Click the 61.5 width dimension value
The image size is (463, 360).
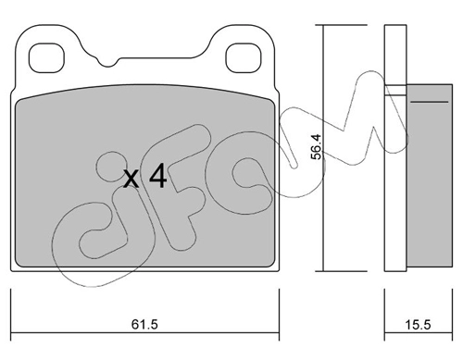pos(144,325)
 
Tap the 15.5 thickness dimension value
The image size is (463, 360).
pos(418,325)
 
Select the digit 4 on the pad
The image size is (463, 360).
pos(158,176)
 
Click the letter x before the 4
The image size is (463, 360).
pos(131,180)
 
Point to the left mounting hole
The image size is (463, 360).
pos(46,58)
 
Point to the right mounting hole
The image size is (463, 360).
pos(244,58)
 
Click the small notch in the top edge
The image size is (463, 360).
pos(107,62)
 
